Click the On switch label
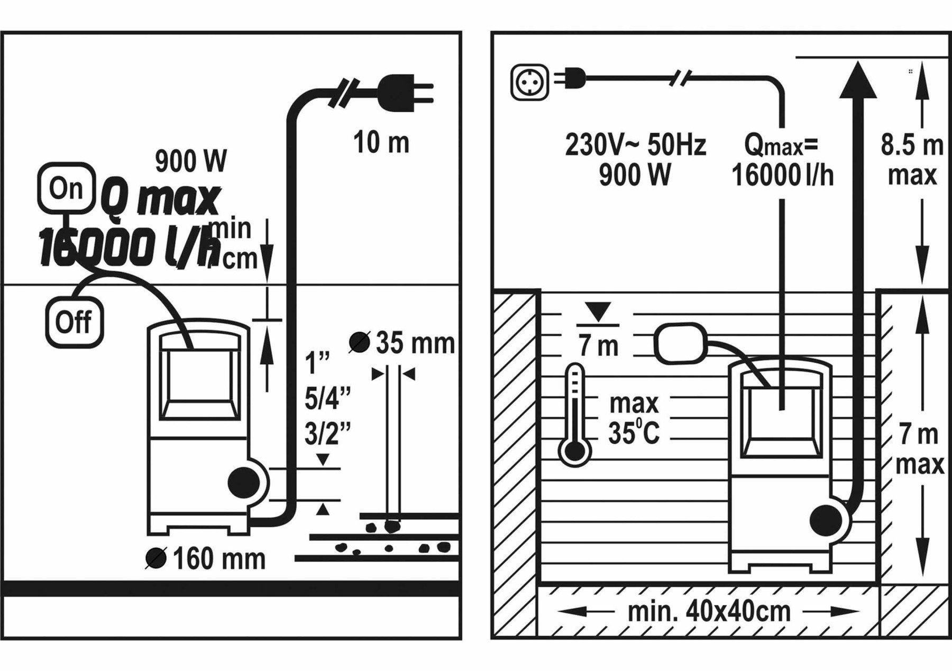67,188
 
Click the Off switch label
74,322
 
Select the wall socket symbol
530,82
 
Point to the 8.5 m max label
912,160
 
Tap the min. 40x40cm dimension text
709,612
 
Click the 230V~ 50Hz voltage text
635,145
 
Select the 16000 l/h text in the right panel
782,176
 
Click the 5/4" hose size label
327,399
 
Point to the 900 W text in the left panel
191,161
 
